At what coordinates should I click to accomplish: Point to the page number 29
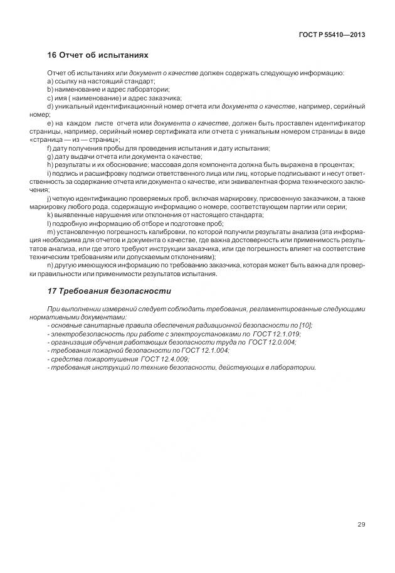point(361,525)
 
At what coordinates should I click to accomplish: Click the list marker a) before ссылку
point(50,82)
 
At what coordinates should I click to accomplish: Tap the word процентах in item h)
point(339,164)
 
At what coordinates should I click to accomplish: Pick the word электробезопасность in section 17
point(81,334)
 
